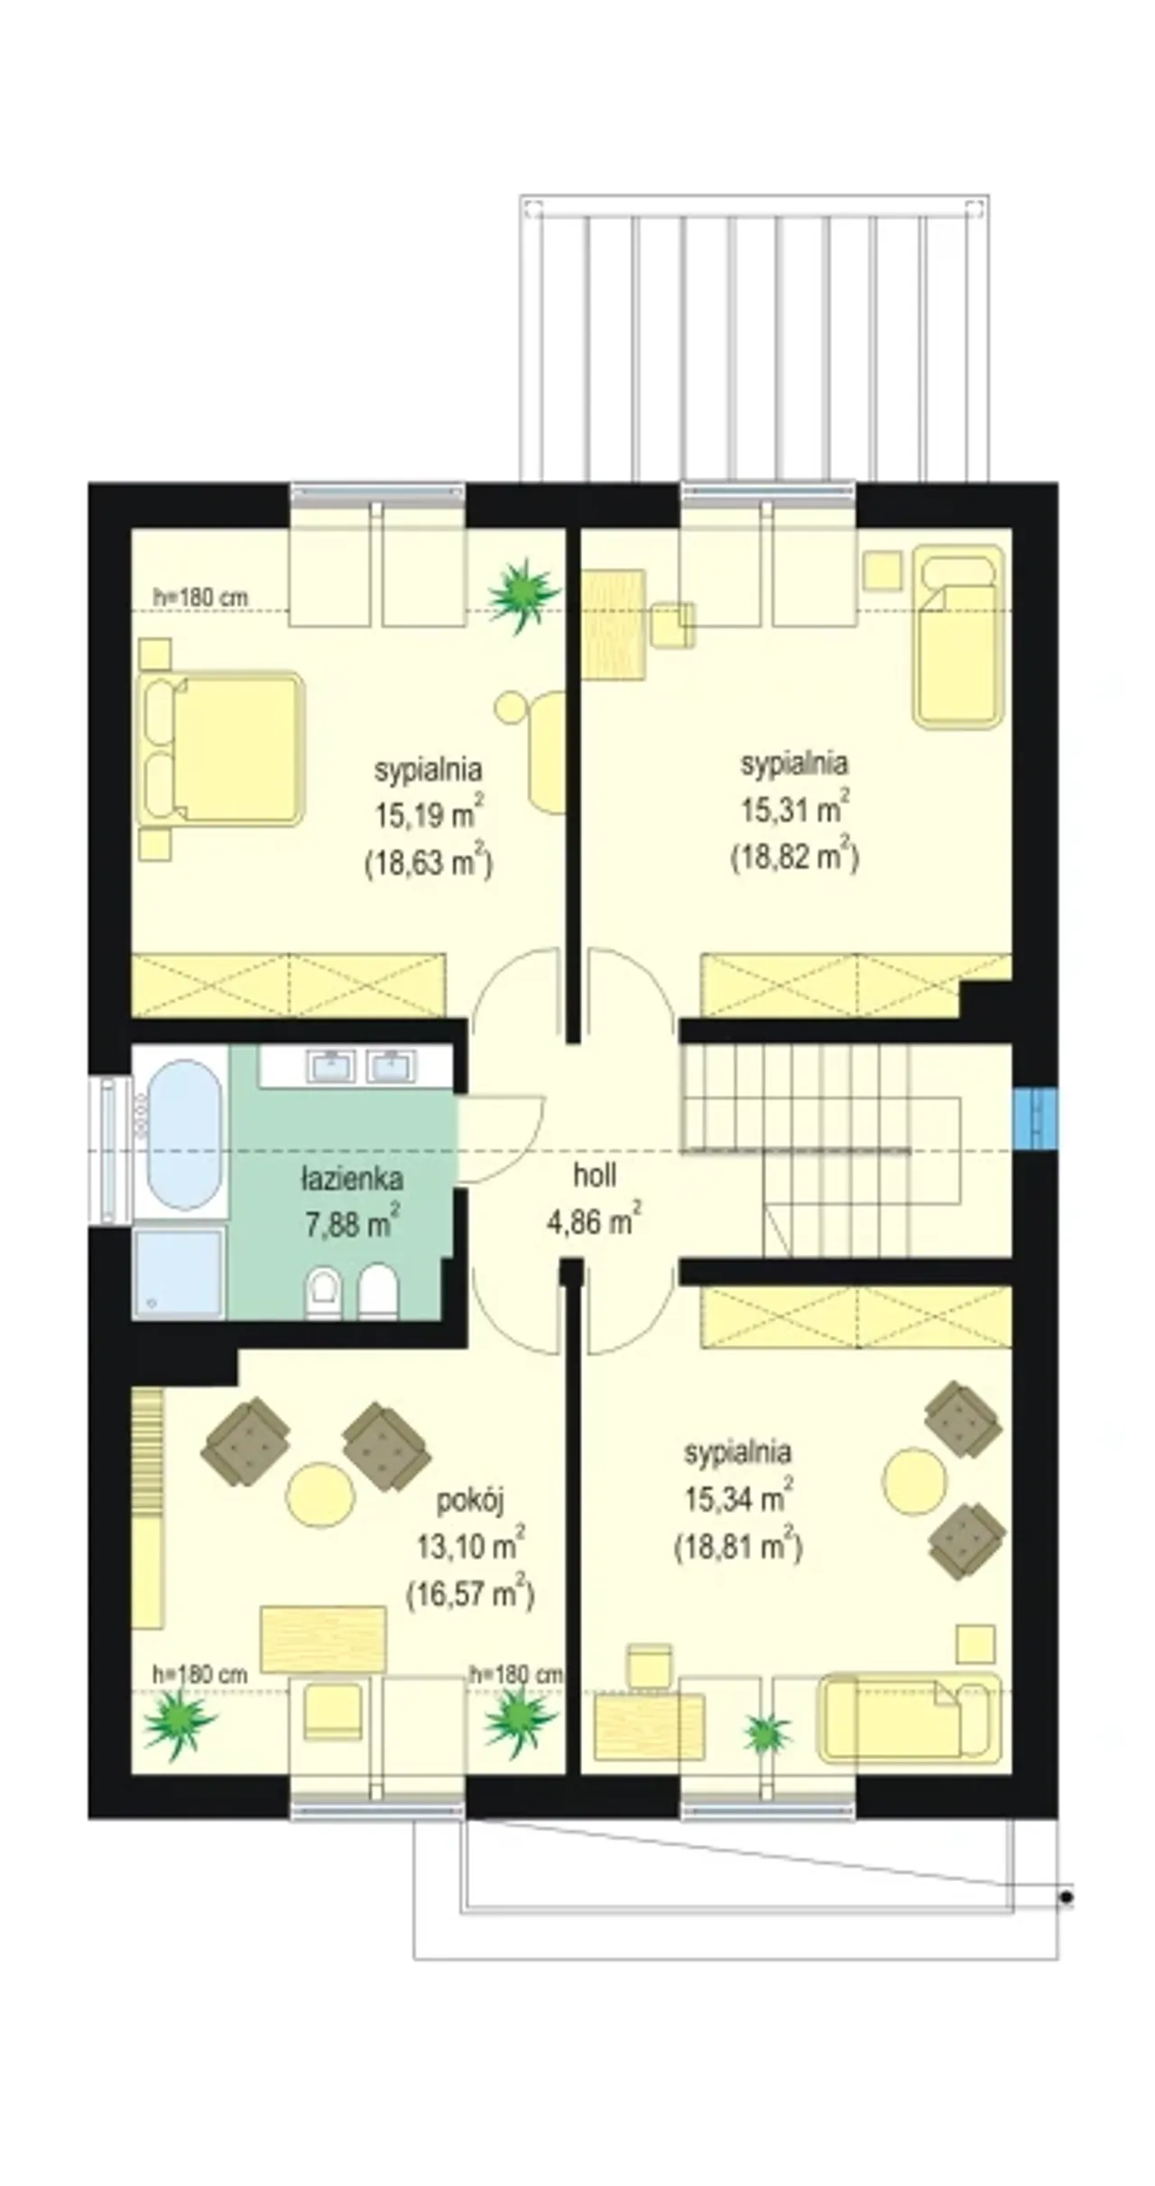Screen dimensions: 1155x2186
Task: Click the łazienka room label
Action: [x=351, y=1179]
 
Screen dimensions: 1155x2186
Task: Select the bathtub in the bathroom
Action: [x=184, y=1135]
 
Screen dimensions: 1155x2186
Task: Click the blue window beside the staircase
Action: [x=1034, y=1119]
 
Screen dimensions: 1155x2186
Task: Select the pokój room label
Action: [x=470, y=1500]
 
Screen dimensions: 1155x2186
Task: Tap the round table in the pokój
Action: [x=319, y=1495]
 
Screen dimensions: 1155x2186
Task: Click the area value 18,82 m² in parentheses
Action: [x=794, y=856]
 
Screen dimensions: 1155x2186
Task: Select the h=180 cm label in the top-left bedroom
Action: [x=199, y=597]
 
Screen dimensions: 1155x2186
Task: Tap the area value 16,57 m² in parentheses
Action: [x=470, y=1594]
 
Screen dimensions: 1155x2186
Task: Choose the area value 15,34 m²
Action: [x=739, y=1499]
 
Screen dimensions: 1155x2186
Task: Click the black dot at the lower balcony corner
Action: [x=1067, y=1898]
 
